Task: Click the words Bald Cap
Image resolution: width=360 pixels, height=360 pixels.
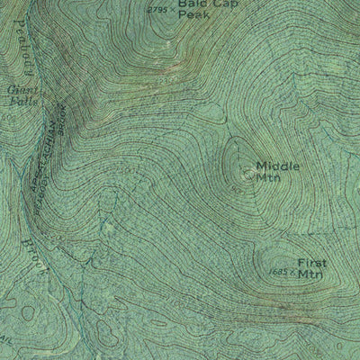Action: click(x=197, y=4)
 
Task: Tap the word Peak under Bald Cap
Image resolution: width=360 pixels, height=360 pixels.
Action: click(x=192, y=16)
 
